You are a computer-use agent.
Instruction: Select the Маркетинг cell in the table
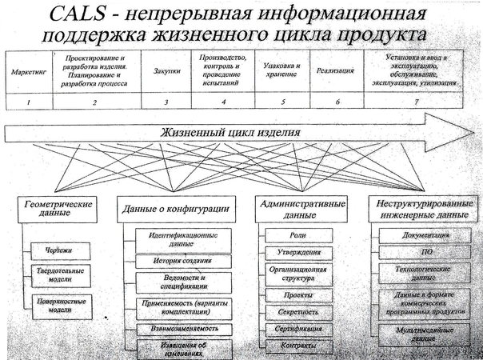click(26, 71)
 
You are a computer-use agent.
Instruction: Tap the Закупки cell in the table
click(165, 71)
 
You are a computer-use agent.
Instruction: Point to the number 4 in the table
click(224, 102)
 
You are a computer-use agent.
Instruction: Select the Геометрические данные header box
click(56, 209)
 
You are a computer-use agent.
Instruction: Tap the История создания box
click(179, 261)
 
